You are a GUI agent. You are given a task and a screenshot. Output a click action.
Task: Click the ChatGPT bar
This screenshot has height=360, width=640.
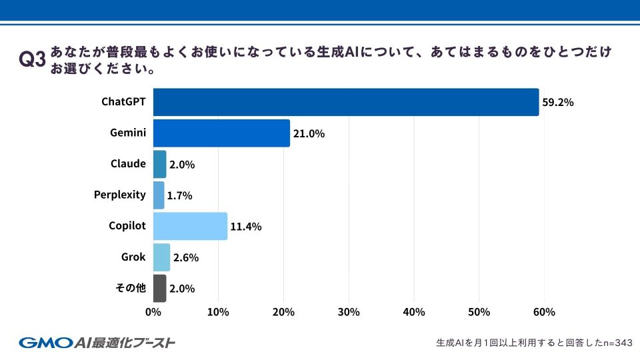click(345, 102)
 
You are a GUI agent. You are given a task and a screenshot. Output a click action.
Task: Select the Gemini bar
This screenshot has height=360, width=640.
click(221, 133)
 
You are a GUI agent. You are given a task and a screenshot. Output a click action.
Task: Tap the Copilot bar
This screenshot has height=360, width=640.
click(190, 226)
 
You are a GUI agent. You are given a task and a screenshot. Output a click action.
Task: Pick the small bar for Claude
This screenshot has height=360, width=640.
click(159, 164)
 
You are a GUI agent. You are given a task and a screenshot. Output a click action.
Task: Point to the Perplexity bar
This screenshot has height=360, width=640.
click(159, 195)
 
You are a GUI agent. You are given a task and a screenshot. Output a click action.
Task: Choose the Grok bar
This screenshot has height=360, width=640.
click(161, 257)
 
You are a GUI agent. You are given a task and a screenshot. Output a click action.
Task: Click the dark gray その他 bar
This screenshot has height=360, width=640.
click(159, 289)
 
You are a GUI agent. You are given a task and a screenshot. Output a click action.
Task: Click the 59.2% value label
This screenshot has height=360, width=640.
click(558, 103)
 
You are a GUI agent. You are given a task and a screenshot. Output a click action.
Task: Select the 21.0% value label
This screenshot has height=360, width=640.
click(309, 134)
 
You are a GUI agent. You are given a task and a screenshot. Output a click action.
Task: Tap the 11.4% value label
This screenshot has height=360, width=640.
click(245, 227)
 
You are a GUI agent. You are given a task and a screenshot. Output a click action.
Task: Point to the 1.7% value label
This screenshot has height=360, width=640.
click(179, 196)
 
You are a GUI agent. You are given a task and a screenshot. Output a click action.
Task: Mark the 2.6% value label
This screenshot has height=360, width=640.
click(186, 258)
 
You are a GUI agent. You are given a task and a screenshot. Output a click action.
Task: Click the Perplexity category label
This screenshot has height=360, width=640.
click(119, 195)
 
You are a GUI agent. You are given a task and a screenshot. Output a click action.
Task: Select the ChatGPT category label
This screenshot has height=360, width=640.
click(123, 102)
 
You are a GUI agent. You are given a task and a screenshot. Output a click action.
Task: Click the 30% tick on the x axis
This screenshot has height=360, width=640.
click(349, 312)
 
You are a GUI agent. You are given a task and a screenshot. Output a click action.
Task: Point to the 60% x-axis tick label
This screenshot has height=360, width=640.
click(544, 312)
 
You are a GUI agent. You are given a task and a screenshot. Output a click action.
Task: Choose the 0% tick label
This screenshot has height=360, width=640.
click(153, 312)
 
